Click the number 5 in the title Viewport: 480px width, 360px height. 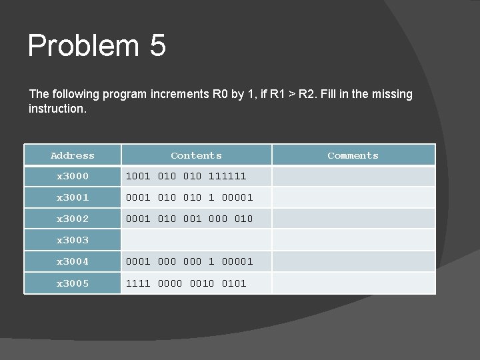click(158, 46)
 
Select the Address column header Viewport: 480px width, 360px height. click(73, 155)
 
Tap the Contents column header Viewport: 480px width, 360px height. click(196, 155)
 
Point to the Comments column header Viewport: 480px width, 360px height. click(353, 155)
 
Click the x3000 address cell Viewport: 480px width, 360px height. click(73, 176)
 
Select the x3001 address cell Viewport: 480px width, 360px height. click(73, 197)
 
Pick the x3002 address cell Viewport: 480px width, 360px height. click(73, 219)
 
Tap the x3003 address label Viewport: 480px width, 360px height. click(73, 240)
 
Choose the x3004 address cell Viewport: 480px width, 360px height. click(73, 261)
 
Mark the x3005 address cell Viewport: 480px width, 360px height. click(73, 283)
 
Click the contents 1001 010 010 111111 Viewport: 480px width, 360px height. click(186, 176)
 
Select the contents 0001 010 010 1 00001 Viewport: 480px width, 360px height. click(189, 197)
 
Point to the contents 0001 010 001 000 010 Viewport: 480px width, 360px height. click(189, 219)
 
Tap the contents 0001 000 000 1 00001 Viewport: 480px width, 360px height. click(189, 261)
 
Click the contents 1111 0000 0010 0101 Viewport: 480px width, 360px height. click(186, 283)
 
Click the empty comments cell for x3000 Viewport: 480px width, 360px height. click(353, 176)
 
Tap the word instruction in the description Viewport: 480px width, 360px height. click(56, 108)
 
